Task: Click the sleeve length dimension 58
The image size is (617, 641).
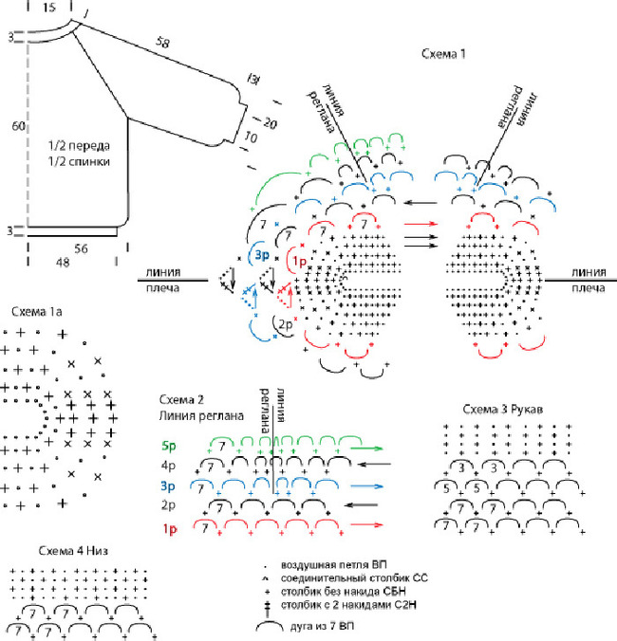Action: click(x=164, y=43)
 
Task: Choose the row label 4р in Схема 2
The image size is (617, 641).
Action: click(x=171, y=467)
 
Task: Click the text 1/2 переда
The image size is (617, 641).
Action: click(x=81, y=146)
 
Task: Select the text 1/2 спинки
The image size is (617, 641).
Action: click(x=81, y=162)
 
